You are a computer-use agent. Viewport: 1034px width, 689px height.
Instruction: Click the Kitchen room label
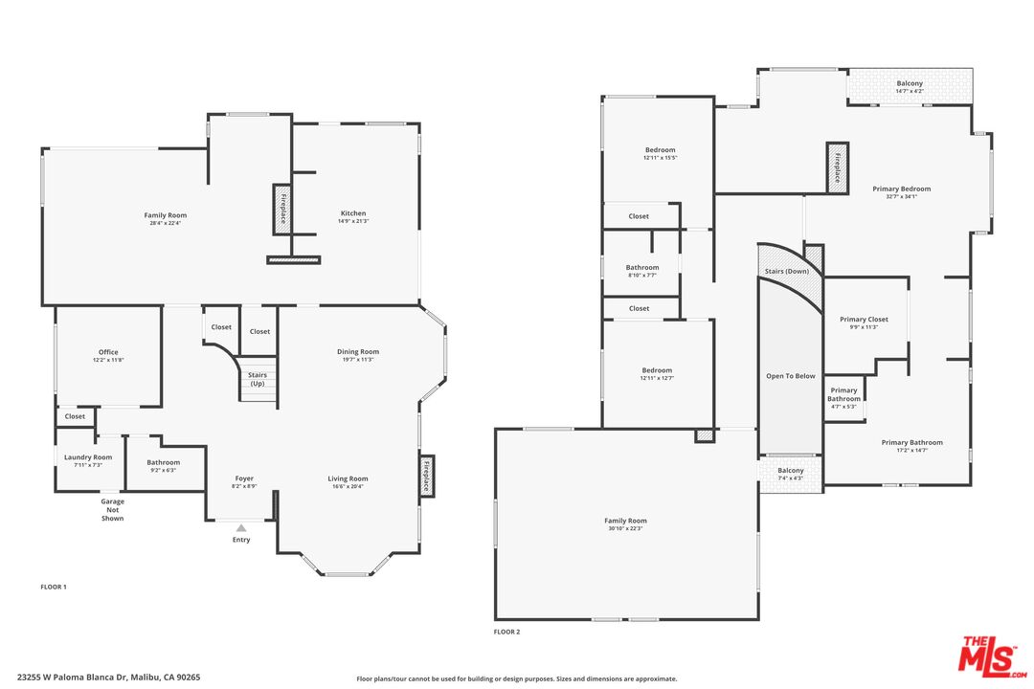pos(353,213)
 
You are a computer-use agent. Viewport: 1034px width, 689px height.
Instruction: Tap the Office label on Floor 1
pos(108,352)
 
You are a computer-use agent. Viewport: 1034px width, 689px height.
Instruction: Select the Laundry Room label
pos(88,457)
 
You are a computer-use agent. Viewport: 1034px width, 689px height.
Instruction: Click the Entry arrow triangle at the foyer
pos(241,527)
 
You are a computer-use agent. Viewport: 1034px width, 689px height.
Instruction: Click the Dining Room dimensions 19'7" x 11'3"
pos(358,360)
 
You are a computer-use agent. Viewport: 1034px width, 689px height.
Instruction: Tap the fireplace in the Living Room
pos(426,477)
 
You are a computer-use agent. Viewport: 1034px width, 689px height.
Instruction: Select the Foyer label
pos(244,478)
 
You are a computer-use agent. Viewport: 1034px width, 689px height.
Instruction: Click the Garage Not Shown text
pos(113,510)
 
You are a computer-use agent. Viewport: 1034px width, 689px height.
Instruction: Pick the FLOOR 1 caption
pos(54,586)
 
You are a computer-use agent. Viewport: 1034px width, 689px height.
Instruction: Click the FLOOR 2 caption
pos(506,632)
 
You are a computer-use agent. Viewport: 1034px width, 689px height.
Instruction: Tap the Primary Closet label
pos(864,319)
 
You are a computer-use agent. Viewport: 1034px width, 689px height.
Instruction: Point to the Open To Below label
pos(791,376)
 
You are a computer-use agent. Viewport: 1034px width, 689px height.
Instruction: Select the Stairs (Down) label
pos(787,272)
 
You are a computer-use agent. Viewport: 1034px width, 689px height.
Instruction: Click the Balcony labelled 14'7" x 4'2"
pos(910,84)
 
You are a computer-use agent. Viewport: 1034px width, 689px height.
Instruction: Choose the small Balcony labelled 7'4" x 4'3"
pos(791,471)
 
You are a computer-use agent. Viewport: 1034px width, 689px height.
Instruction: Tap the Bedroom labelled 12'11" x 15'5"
pos(660,150)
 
